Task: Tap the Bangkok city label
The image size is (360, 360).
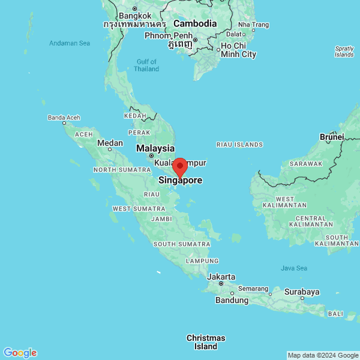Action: point(135,16)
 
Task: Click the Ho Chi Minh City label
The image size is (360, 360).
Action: point(238,50)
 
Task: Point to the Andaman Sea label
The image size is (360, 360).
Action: point(70,43)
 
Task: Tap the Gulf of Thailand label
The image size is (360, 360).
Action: point(147,65)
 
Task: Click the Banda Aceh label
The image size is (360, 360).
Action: point(64,118)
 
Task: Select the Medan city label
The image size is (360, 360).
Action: point(110,143)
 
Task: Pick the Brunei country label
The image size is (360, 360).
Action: point(332,137)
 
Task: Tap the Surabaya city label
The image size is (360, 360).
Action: point(302,292)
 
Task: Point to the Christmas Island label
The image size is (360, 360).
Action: point(206,342)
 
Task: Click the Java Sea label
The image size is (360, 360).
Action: point(294,268)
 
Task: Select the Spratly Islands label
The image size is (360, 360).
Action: point(344,51)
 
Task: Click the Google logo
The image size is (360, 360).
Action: point(20,353)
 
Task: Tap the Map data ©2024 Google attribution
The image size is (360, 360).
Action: point(322,355)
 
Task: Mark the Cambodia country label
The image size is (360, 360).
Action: point(195,23)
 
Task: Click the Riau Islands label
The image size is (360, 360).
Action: point(239,145)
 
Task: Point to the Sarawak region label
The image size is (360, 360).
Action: point(306,163)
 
